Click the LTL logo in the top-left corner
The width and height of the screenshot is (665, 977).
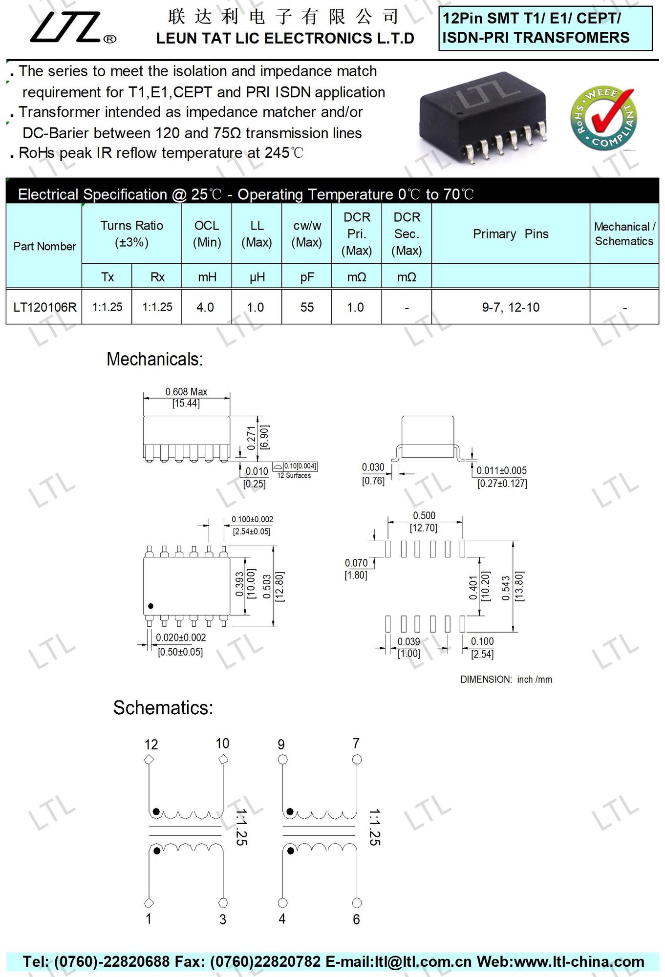coord(72,27)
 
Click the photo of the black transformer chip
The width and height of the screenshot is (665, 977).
coord(483,123)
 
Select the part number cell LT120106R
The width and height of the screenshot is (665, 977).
coord(44,307)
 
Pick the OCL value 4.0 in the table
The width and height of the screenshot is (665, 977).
coord(205,307)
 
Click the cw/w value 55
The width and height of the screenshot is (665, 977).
coord(307,307)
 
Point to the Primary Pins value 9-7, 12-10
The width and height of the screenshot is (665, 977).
coord(511,307)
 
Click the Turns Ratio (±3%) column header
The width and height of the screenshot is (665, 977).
coord(131,234)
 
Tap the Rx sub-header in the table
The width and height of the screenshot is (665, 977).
coord(157,277)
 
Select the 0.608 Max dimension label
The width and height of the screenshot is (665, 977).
coord(186,392)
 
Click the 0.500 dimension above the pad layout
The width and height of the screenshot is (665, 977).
coord(424,516)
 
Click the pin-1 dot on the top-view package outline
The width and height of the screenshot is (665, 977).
coord(150,606)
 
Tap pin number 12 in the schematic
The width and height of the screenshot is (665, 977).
coord(151,744)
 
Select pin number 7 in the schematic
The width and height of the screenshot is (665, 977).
coord(356,743)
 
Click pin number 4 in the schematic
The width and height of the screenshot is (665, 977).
coord(282,919)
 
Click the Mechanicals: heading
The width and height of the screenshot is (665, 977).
coord(154,360)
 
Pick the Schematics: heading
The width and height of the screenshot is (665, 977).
coord(163,708)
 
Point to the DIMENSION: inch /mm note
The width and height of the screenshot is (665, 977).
coord(506,680)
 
